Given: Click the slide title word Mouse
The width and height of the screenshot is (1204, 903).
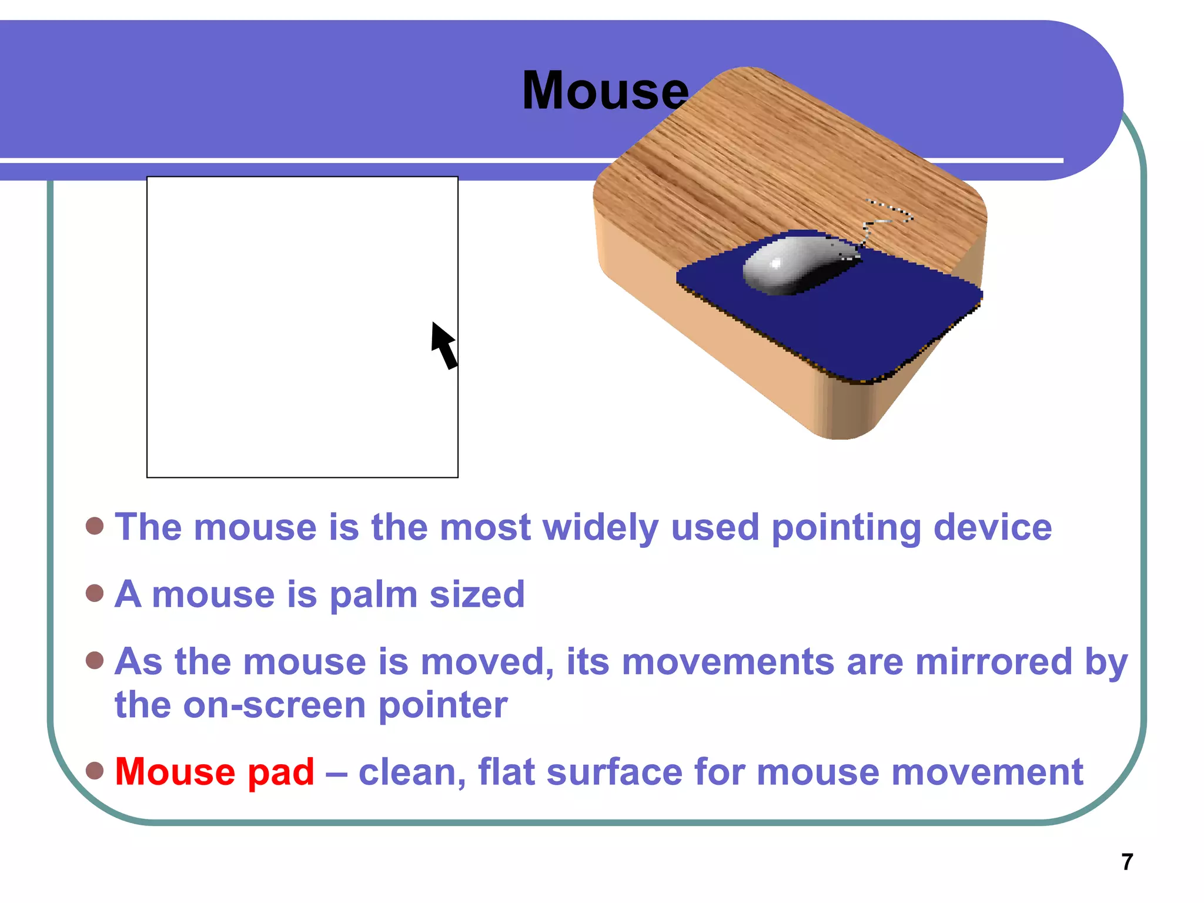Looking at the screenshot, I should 605,91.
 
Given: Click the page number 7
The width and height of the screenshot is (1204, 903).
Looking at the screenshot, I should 1126,862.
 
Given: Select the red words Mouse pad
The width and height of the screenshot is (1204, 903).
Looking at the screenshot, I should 215,771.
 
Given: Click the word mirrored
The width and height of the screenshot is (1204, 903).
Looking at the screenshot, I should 994,662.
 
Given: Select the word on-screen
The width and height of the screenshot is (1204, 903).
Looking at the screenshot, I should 275,705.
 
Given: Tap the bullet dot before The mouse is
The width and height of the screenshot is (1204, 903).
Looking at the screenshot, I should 95,526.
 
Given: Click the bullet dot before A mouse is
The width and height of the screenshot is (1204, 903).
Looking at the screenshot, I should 95,593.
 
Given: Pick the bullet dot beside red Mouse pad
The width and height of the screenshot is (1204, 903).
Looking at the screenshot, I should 95,770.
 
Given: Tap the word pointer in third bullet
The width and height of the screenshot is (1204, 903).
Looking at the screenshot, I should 443,705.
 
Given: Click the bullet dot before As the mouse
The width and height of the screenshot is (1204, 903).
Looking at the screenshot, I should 95,660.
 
